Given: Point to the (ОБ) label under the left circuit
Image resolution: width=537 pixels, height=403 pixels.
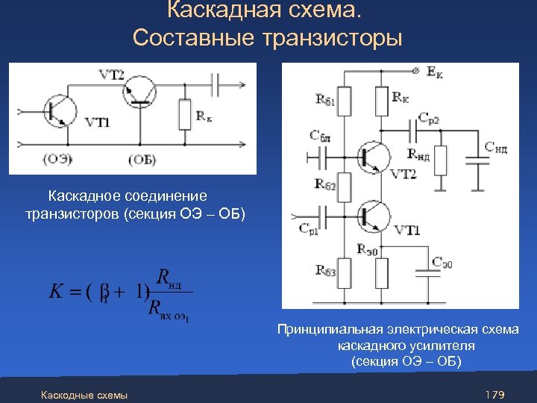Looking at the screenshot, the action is click(x=142, y=159).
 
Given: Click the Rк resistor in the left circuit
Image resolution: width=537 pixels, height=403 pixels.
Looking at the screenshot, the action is click(x=183, y=114).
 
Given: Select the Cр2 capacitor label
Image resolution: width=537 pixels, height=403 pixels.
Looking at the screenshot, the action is click(x=429, y=119).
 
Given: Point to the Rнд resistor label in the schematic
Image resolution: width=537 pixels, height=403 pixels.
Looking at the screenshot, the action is click(x=418, y=155).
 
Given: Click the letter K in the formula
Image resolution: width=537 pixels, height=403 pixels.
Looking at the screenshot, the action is click(x=57, y=291).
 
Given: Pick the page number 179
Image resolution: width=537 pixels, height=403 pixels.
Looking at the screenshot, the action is click(x=495, y=393).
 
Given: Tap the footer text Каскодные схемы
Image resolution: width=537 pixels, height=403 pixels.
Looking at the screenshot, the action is click(x=84, y=394).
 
